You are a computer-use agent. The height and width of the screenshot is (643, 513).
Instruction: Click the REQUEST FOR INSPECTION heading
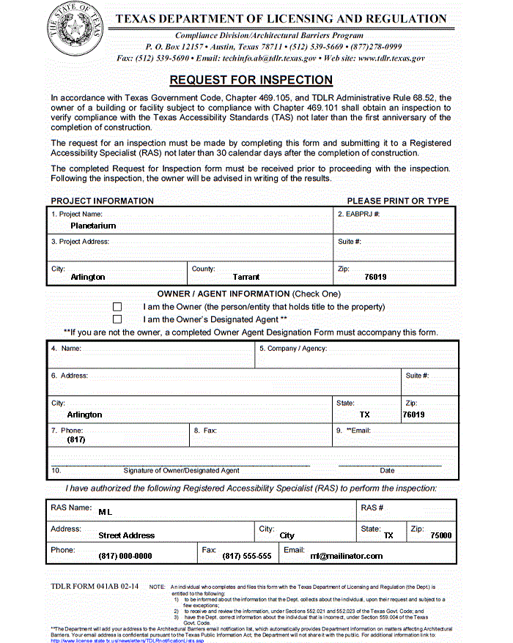coord(251,80)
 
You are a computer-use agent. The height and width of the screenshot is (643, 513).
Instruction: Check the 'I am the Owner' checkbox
coord(117,307)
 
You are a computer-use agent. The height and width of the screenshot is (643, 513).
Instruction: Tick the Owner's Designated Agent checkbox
coord(117,319)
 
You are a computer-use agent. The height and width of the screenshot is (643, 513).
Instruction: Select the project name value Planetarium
coord(93,226)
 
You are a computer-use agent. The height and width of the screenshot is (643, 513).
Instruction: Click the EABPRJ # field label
coord(358,214)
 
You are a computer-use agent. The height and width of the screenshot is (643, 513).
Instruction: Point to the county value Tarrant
coord(246,277)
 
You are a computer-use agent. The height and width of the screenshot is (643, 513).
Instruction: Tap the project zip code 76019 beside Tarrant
coord(375,277)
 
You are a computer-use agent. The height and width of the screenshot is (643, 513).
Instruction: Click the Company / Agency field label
coord(292,349)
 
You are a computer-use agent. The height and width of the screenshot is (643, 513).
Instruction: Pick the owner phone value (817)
coord(76,439)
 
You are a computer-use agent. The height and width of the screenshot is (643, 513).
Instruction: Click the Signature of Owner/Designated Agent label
coord(181,470)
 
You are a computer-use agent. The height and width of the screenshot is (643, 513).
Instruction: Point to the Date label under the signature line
coord(387,470)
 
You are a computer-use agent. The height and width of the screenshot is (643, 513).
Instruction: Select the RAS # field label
coord(372,508)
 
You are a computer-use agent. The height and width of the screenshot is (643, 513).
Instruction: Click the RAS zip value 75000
coord(440,535)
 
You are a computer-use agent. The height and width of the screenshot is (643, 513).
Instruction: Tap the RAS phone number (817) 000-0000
coord(125,556)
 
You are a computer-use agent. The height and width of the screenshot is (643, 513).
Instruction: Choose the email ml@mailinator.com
coord(346,556)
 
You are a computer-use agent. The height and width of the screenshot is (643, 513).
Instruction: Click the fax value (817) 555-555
coord(247,556)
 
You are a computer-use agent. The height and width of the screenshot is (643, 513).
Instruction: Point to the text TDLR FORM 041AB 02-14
coord(95,587)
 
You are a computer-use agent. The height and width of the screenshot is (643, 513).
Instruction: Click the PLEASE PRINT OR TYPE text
coord(398,201)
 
